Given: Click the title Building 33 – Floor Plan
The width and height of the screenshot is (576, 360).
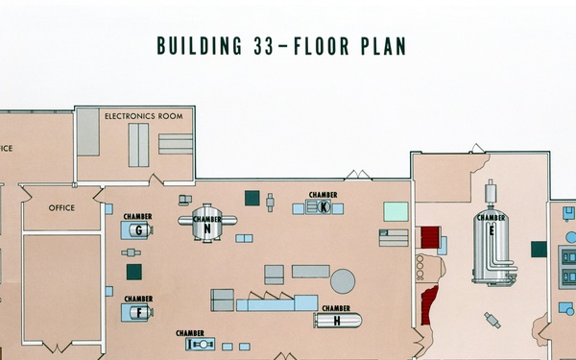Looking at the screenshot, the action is pos(281,46).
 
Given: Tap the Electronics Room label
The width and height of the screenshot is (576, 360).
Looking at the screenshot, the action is pos(144,116).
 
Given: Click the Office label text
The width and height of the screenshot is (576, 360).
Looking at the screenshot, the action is pos(61,208).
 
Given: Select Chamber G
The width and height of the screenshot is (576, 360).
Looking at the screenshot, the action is pos(137,230).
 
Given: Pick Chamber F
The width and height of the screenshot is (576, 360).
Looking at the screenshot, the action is pos(137,313).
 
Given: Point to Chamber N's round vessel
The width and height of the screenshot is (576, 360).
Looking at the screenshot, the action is pos(207,223).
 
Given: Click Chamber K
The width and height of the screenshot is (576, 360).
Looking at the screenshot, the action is pos(319,207).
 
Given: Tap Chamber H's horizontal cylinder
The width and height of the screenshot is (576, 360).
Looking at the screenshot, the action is pos(338,321).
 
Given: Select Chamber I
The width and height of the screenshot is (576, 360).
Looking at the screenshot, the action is pos(201,345).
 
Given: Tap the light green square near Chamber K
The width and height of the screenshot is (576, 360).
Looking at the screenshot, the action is pos(396,211).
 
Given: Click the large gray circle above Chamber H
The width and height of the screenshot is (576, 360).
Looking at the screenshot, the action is pos(343,281).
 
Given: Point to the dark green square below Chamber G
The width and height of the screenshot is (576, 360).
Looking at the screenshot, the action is pos(134,272).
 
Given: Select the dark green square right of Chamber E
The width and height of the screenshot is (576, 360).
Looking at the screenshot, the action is pos(539,250).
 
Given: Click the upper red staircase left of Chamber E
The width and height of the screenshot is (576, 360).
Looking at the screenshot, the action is pos(430,237).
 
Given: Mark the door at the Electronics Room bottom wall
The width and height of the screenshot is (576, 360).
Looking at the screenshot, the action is pos(156,180).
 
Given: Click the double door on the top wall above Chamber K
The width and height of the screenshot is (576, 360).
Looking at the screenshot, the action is pos(358,175).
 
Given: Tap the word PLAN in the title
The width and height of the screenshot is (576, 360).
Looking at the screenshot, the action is pos(383,46).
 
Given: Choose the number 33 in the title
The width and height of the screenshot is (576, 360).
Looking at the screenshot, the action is pos(263,46).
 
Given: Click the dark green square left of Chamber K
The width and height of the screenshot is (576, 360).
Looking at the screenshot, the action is pos(252,198).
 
